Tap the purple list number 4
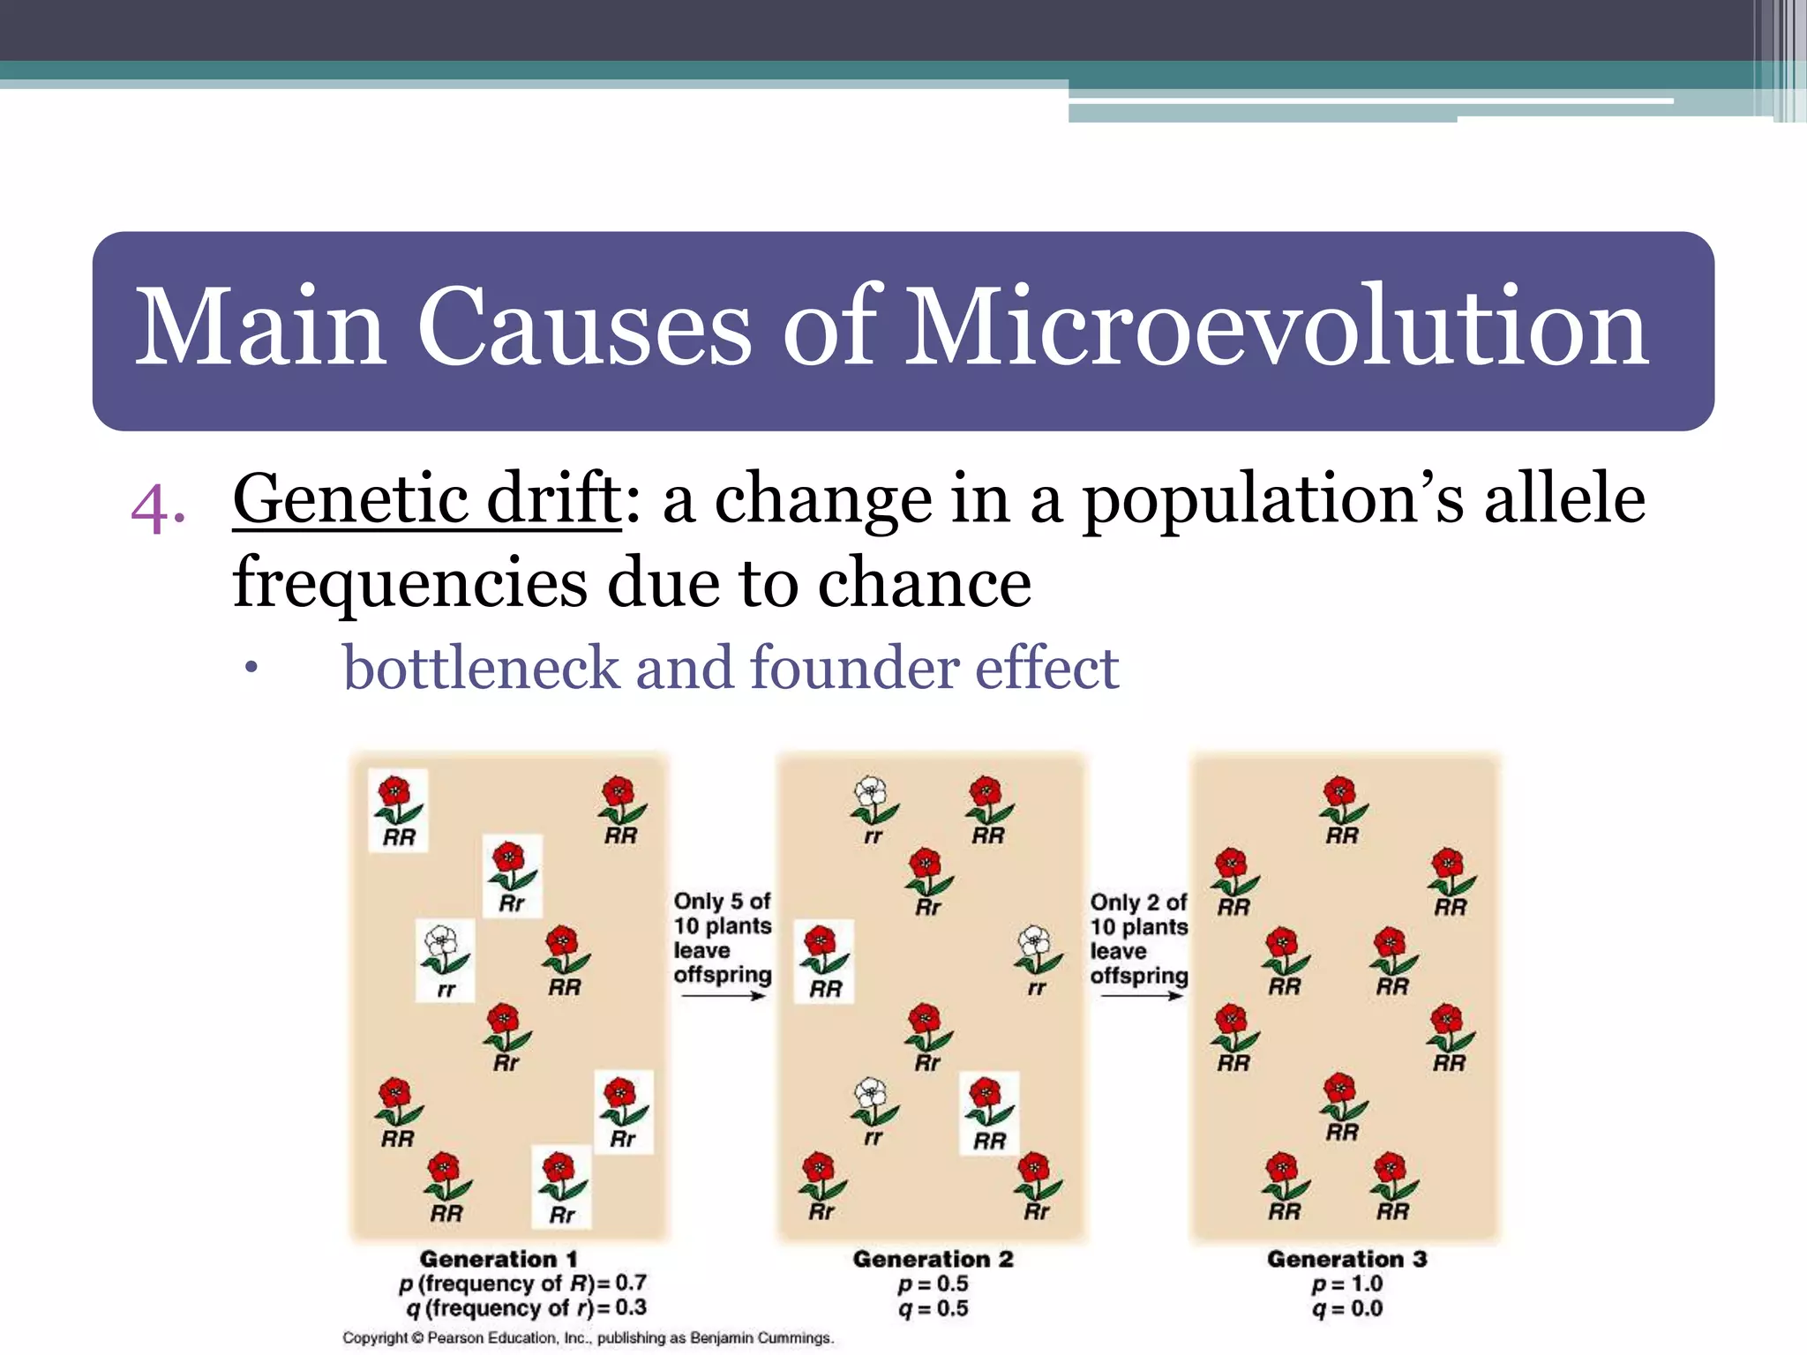[x=157, y=509]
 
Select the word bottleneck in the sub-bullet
[x=481, y=668]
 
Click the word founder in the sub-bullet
[x=852, y=668]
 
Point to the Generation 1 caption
[x=499, y=1259]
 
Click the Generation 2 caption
[x=933, y=1259]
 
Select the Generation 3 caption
[x=1346, y=1259]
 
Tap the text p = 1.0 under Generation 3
[x=1346, y=1284]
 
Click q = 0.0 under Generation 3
[x=1346, y=1309]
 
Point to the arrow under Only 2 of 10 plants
[x=1138, y=996]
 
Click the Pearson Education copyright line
[x=588, y=1338]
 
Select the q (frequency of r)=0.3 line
[x=527, y=1308]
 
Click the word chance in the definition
[x=924, y=584]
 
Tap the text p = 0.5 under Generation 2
[x=933, y=1284]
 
